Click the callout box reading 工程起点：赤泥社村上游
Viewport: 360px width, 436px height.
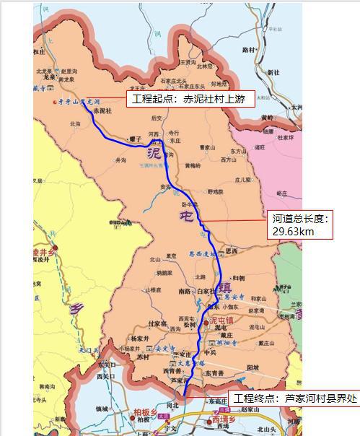tap(191, 100)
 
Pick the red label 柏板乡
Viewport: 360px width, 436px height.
tap(144, 412)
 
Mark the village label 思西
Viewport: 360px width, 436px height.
tap(231, 251)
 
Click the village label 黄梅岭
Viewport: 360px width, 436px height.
tap(193, 165)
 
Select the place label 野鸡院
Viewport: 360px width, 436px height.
tap(215, 192)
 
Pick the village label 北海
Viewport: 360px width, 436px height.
tap(75, 123)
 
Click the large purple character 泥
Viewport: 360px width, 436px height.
tap(154, 153)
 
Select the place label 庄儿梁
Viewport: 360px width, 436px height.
tap(243, 179)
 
